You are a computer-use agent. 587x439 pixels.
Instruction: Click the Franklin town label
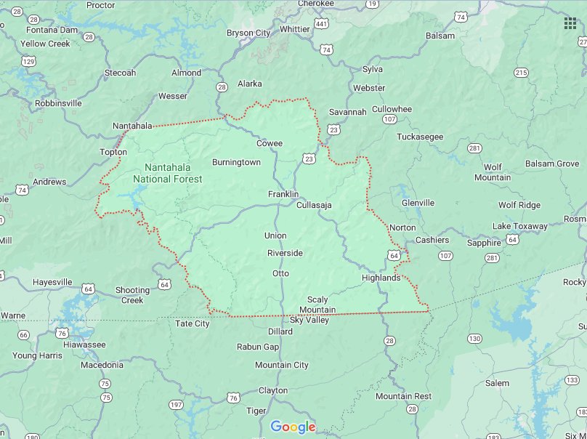pyautogui.click(x=283, y=194)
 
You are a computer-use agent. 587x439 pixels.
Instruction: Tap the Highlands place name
pyautogui.click(x=381, y=278)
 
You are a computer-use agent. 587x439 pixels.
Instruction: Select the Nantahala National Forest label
pyautogui.click(x=168, y=173)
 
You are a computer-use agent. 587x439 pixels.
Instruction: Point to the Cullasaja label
pyautogui.click(x=314, y=205)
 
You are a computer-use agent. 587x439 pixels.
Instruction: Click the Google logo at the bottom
pyautogui.click(x=293, y=427)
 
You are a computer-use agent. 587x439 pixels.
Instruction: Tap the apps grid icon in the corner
pyautogui.click(x=570, y=23)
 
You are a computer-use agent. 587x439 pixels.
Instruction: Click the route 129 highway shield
pyautogui.click(x=28, y=62)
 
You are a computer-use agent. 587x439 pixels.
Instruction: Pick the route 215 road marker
pyautogui.click(x=521, y=73)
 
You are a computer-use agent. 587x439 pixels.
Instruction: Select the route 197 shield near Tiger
pyautogui.click(x=175, y=404)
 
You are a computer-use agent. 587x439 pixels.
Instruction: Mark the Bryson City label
pyautogui.click(x=248, y=33)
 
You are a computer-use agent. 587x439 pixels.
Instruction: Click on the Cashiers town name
pyautogui.click(x=432, y=240)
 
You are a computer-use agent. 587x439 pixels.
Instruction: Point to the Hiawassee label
pyautogui.click(x=84, y=345)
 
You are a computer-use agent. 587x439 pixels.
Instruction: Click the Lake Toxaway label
pyautogui.click(x=519, y=226)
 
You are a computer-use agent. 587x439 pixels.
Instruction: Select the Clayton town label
pyautogui.click(x=273, y=390)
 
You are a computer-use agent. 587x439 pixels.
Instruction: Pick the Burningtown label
pyautogui.click(x=236, y=162)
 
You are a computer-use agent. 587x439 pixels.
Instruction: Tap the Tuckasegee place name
pyautogui.click(x=420, y=137)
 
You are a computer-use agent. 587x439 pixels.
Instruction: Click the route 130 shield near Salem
pyautogui.click(x=474, y=339)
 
